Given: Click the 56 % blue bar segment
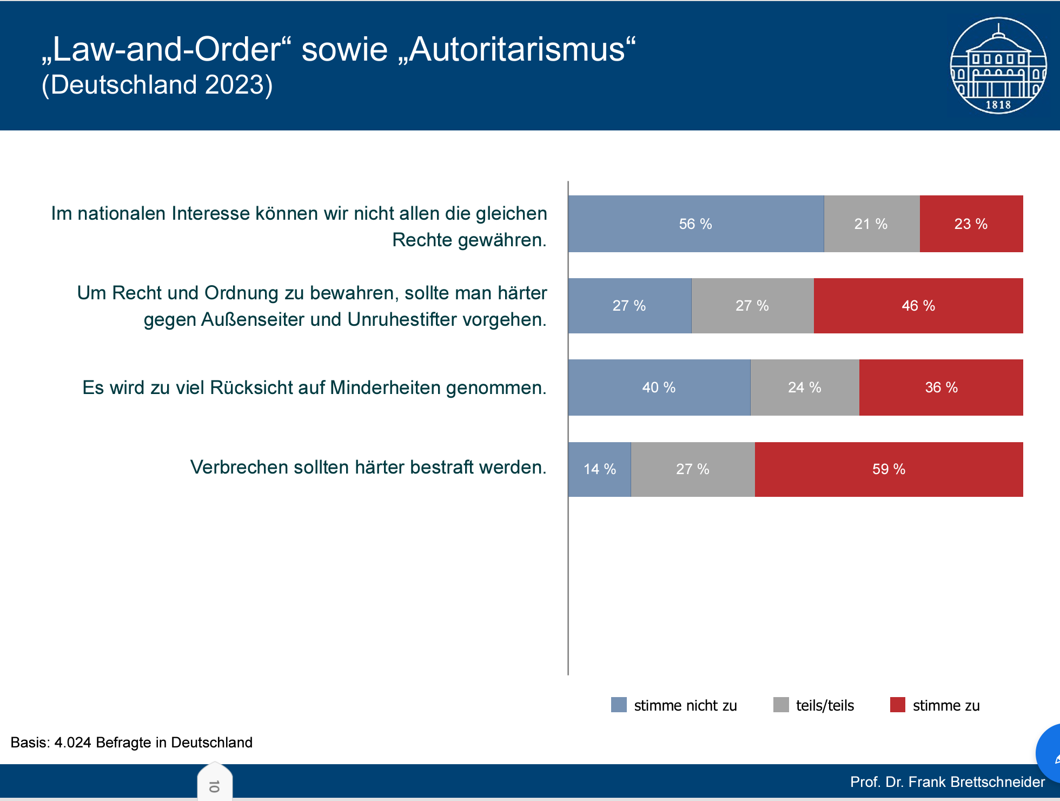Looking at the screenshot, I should click(695, 224).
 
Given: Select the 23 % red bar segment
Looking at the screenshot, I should click(971, 224).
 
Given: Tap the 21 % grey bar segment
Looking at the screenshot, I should click(871, 224).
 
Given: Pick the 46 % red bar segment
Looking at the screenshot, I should click(918, 306).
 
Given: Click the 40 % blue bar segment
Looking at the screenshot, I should click(659, 388).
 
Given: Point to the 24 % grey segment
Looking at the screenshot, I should click(804, 388).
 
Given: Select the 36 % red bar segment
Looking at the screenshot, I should click(941, 388).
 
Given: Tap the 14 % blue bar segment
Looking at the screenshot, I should click(599, 469).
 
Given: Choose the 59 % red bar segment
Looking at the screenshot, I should click(889, 469).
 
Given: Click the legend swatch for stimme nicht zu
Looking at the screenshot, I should click(619, 705).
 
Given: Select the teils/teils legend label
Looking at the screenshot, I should click(825, 706).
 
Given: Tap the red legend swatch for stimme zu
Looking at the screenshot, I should click(898, 705).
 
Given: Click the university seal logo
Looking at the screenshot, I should click(998, 65).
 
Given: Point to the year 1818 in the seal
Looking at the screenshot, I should click(998, 105).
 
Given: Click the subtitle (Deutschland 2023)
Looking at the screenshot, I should click(157, 85).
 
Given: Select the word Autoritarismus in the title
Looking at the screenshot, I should click(517, 50).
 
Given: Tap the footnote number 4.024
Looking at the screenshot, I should click(72, 743).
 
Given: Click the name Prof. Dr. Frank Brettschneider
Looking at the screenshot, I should click(947, 782).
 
